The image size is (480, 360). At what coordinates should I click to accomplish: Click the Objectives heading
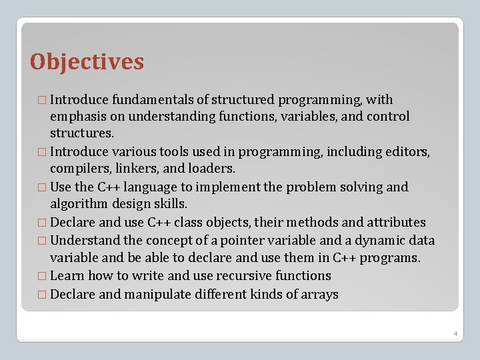coord(87,62)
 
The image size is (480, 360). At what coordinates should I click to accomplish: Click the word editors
coord(408,152)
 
